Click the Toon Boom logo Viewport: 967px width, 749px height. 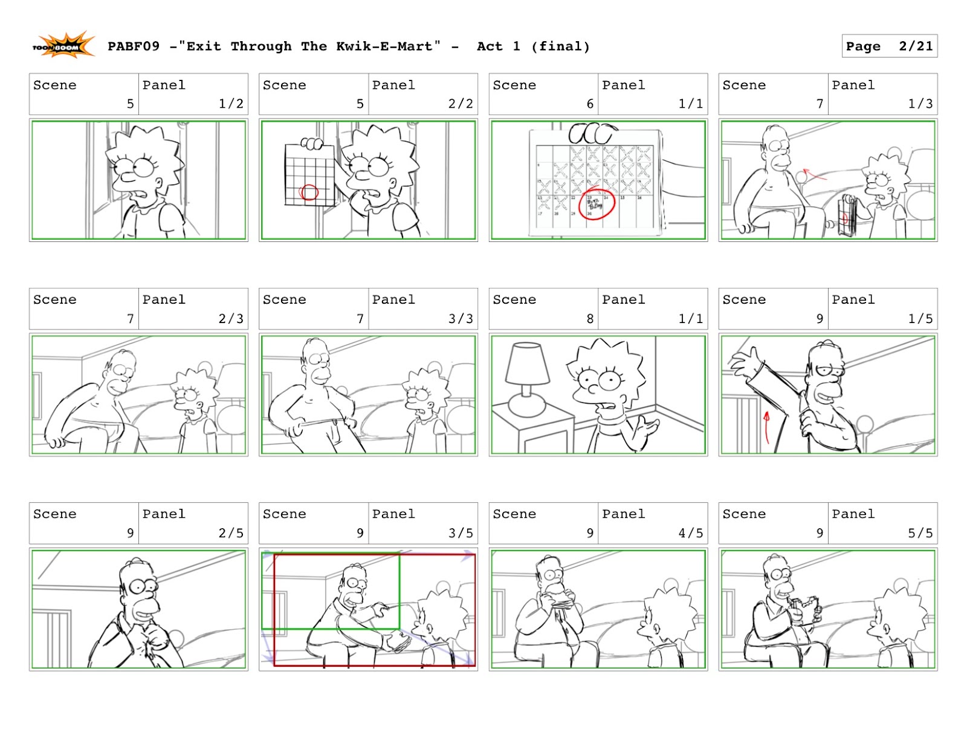click(x=63, y=45)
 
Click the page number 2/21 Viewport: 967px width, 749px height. click(x=916, y=46)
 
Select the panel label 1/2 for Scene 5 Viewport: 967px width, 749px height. click(x=231, y=103)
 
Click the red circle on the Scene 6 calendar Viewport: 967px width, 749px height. click(x=597, y=204)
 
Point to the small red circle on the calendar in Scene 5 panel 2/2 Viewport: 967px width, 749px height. click(x=308, y=192)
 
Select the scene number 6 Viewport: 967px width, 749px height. click(x=590, y=103)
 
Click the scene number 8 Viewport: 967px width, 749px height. click(x=590, y=318)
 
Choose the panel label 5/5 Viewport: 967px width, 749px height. click(x=920, y=533)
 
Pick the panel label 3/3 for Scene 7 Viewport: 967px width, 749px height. click(x=461, y=318)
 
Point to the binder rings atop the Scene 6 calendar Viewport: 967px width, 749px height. click(x=592, y=134)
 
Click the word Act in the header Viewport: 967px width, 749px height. click(x=490, y=46)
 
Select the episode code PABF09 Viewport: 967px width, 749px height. click(x=134, y=46)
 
